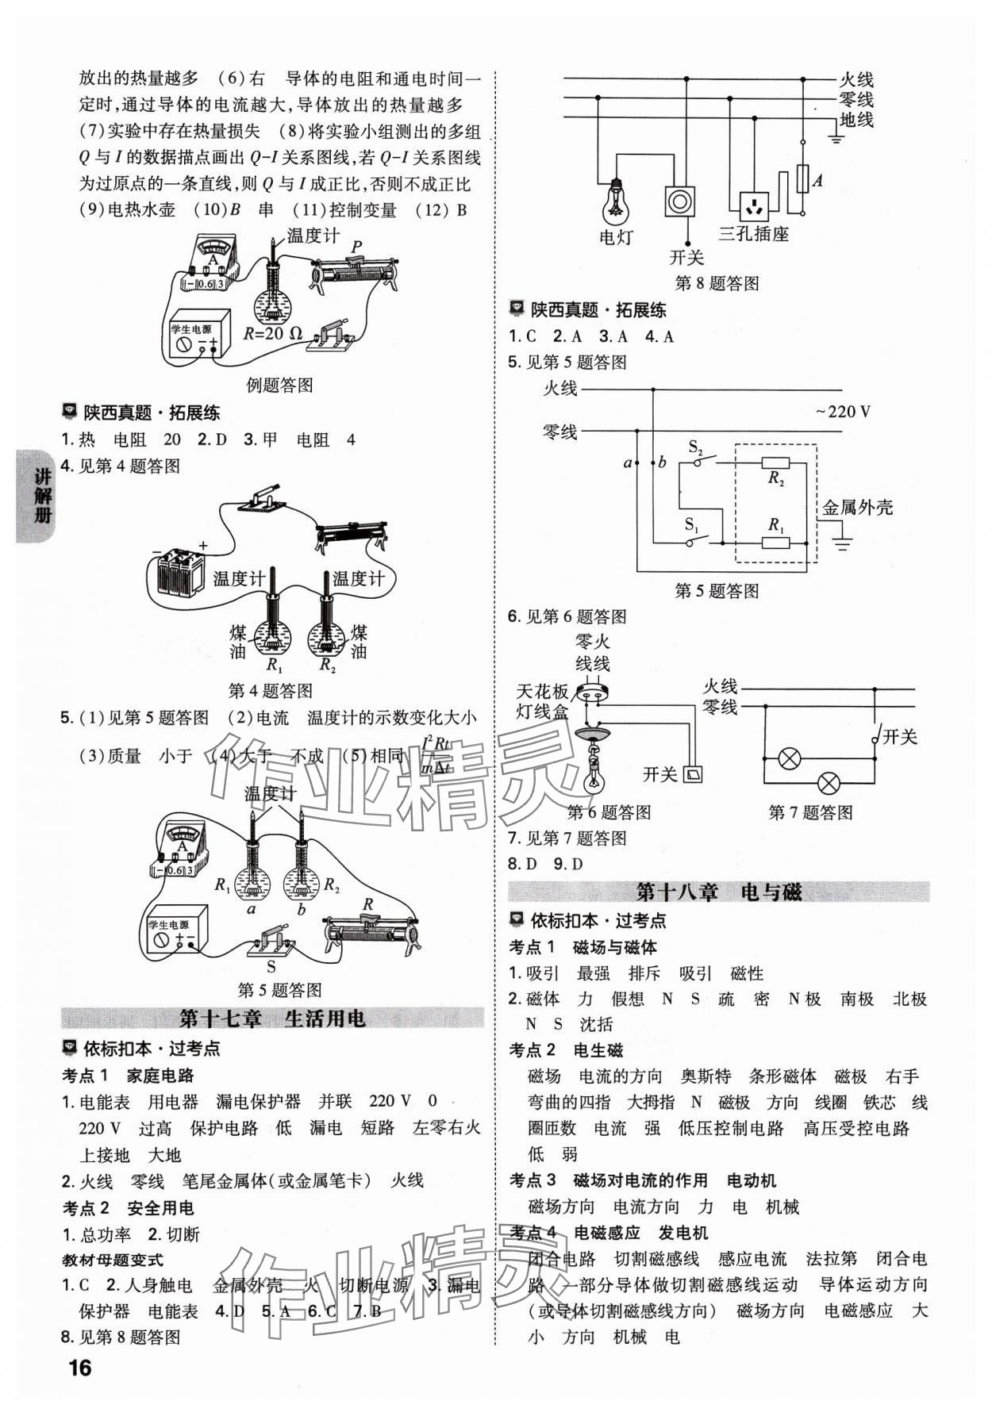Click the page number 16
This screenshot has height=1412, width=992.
(80, 1368)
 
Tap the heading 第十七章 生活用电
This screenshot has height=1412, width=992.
(272, 1018)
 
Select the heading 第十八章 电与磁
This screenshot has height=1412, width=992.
(719, 892)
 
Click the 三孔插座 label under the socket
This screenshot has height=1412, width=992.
(753, 234)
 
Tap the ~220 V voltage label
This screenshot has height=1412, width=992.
(842, 411)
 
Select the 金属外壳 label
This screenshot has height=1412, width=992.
(857, 508)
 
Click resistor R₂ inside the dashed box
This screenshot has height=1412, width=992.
(775, 464)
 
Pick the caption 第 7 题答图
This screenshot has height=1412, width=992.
(810, 812)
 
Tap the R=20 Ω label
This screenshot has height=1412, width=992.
(273, 333)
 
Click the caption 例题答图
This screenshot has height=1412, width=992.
(279, 386)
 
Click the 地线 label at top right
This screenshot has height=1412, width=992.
(856, 121)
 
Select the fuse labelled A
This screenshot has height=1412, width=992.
(802, 179)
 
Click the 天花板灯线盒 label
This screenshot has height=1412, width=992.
(543, 700)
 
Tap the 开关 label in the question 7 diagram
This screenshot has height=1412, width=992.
(898, 737)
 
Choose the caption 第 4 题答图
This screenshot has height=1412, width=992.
(270, 691)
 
